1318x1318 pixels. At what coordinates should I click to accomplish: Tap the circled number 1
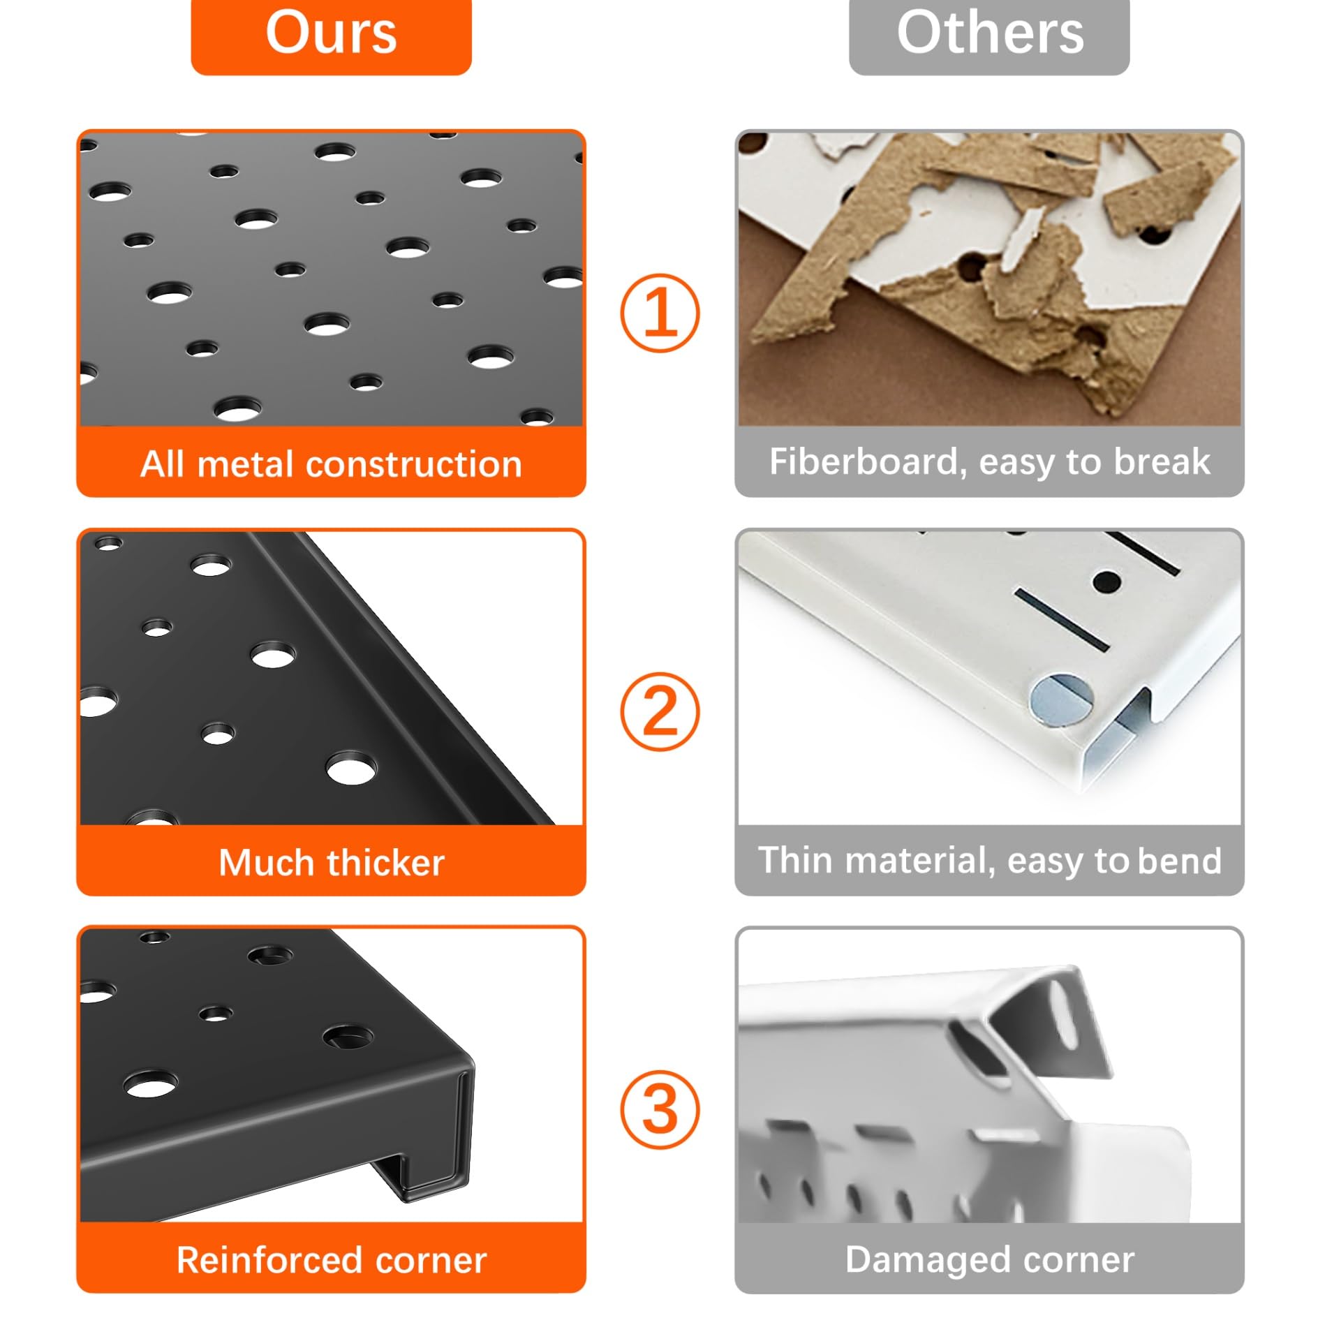coord(660,313)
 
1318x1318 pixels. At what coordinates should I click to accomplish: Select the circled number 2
coord(660,711)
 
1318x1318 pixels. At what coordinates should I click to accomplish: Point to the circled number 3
coord(660,1110)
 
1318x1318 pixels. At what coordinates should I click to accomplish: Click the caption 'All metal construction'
coord(331,464)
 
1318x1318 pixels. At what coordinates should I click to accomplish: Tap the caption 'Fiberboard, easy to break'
coord(989,462)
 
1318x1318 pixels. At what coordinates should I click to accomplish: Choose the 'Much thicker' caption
coord(331,862)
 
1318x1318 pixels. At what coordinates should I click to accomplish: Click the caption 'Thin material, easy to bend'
coord(989,861)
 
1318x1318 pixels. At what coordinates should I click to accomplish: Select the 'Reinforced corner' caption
coord(331,1260)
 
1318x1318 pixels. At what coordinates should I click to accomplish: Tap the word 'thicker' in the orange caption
coord(386,862)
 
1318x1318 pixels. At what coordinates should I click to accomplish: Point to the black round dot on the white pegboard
coord(1106,581)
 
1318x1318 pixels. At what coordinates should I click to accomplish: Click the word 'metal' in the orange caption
coord(247,464)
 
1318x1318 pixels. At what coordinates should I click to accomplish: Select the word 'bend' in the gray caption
coord(1180,861)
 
